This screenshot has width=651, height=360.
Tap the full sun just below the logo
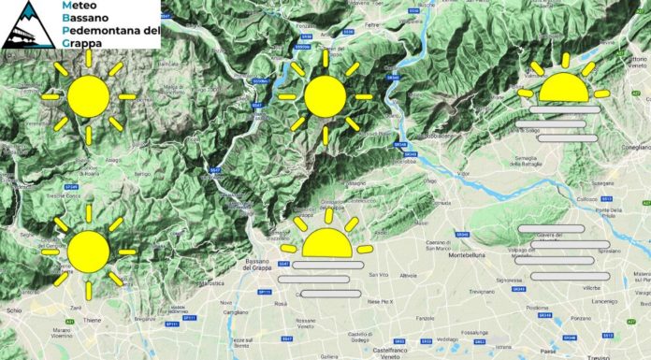click(x=89, y=96)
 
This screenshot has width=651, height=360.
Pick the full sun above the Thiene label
click(x=88, y=252)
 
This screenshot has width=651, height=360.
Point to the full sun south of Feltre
click(x=325, y=97)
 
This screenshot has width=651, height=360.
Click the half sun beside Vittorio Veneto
click(x=563, y=87)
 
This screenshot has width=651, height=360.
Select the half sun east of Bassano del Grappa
click(x=326, y=242)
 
